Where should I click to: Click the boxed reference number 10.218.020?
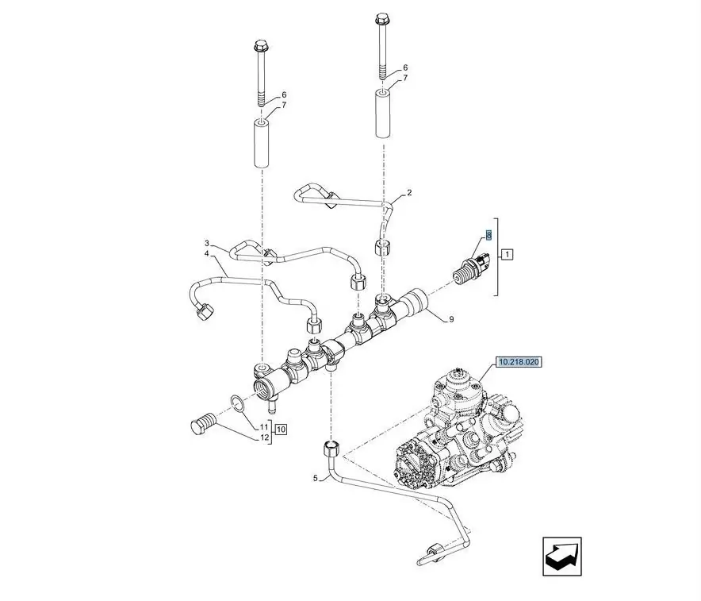[x=519, y=362]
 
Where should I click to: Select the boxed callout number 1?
[x=508, y=254]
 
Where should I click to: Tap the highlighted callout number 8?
[x=488, y=235]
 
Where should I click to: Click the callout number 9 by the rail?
[x=450, y=319]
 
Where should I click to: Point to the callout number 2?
[x=409, y=193]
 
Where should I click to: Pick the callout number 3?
[x=206, y=243]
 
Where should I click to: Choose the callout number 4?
[x=206, y=254]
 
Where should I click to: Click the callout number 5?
[x=315, y=478]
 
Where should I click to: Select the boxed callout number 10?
[x=281, y=429]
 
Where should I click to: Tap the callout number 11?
[x=265, y=428]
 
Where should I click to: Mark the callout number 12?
[x=265, y=437]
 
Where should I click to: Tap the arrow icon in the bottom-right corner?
[x=561, y=557]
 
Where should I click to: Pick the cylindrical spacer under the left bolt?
[x=261, y=143]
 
